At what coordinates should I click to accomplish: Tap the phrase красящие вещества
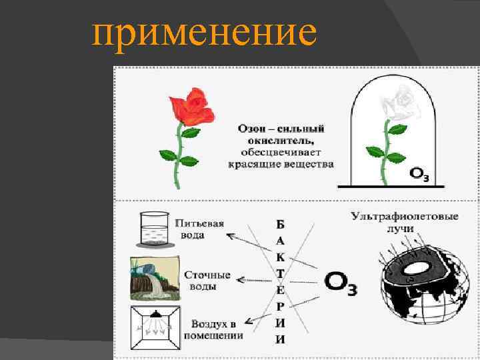[281, 163]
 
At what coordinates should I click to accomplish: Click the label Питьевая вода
[199, 229]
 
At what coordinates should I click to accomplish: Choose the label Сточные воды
[207, 280]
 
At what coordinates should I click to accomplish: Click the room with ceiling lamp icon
[154, 328]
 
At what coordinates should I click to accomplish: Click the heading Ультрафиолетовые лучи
[404, 222]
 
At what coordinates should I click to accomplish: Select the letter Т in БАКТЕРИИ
[280, 273]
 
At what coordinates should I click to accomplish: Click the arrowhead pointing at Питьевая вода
[229, 235]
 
